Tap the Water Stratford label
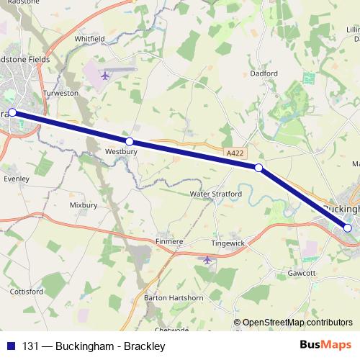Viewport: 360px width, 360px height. pyautogui.click(x=212, y=194)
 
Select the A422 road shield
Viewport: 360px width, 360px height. pyautogui.click(x=233, y=153)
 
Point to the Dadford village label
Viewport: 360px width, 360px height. pyautogui.click(x=264, y=73)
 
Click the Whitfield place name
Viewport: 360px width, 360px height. pyautogui.click(x=89, y=38)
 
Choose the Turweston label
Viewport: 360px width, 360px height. pyautogui.click(x=60, y=94)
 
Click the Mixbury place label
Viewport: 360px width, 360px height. pyautogui.click(x=83, y=205)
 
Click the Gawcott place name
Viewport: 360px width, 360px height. pyautogui.click(x=302, y=274)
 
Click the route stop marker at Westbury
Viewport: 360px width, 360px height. pyautogui.click(x=130, y=142)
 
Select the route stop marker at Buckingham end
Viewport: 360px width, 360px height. pyautogui.click(x=348, y=228)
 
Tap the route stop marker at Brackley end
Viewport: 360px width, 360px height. pyautogui.click(x=12, y=112)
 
